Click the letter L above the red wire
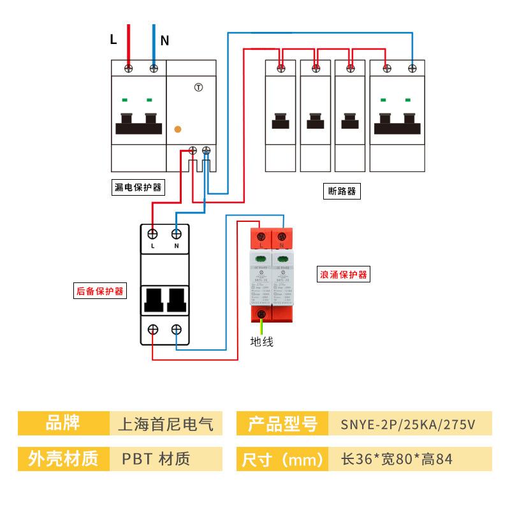coord(113,40)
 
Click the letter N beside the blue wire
coord(164,41)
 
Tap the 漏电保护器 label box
coord(138,187)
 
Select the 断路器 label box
coord(342,191)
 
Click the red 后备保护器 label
coord(99,291)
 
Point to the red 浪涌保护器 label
coord(344,275)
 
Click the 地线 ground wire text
coord(261,342)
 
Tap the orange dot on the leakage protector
coord(178,129)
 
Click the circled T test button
coord(198,87)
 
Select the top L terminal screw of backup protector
coord(153,234)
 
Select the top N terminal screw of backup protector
coord(177,234)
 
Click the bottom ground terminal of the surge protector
coord(261,313)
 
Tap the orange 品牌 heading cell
coord(62,423)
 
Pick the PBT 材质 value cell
coord(156,458)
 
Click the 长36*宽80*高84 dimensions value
coord(397,458)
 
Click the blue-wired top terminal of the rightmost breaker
coord(412,67)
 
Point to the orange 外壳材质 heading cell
coord(62,458)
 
